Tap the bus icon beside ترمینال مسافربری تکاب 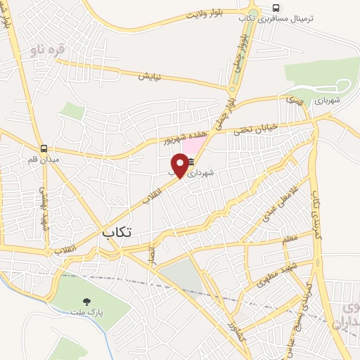click(276, 9)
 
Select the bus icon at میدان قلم click(44, 148)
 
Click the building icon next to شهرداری click(191, 163)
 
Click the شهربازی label click(327, 101)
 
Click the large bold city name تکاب click(117, 231)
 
